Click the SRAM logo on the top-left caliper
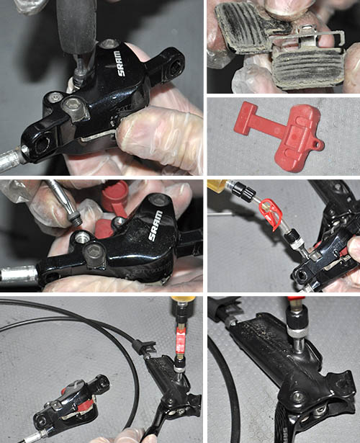[122, 63]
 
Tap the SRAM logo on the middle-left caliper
[156, 226]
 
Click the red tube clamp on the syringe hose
[271, 214]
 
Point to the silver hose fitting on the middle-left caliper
[19, 274]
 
